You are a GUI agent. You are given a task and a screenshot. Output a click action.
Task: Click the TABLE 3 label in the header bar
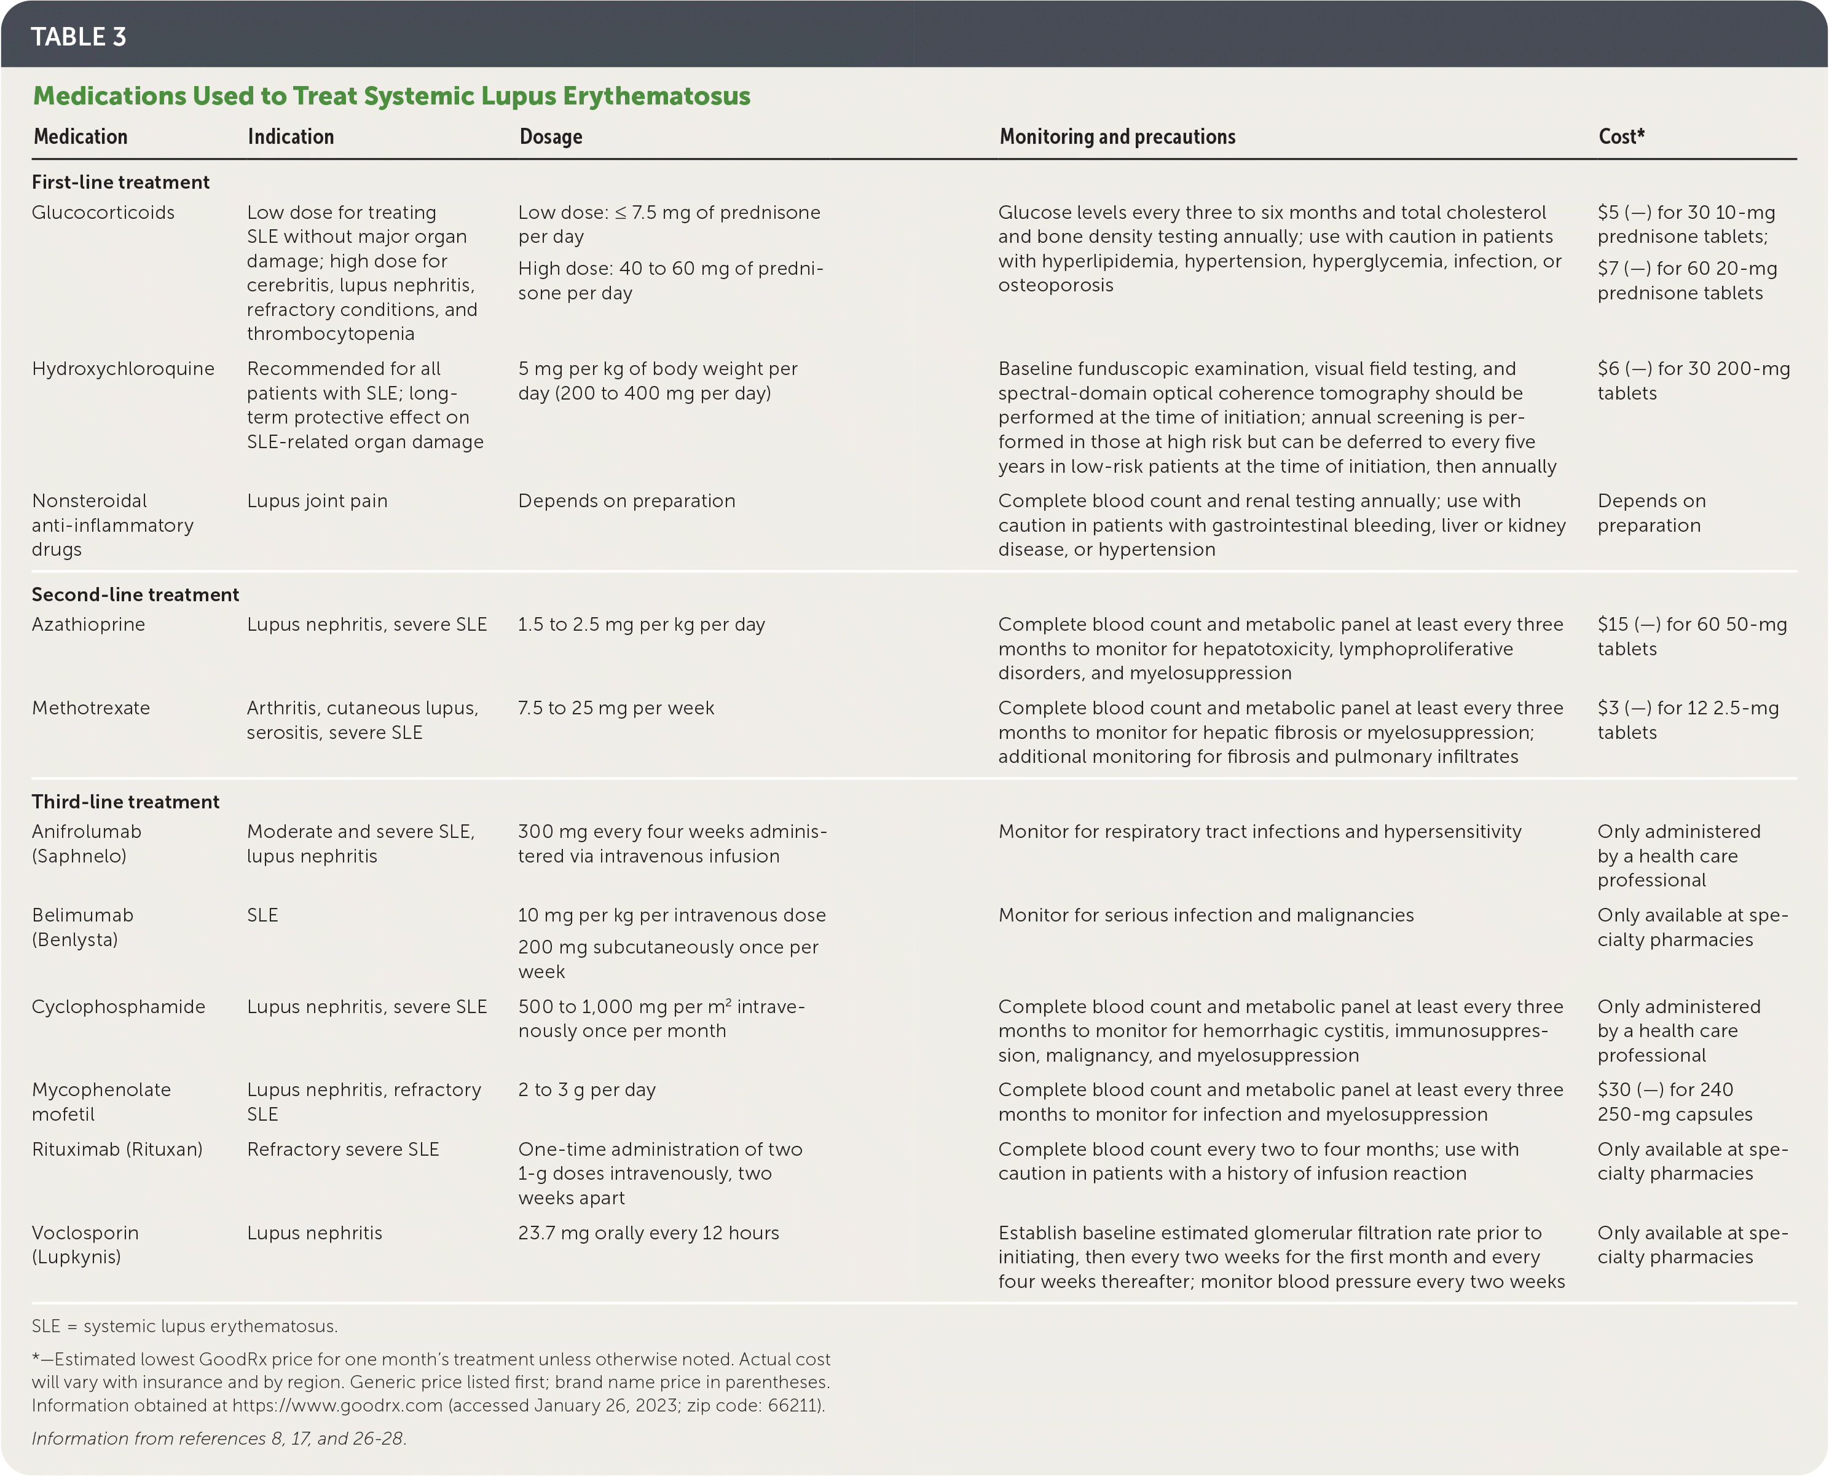coord(78,36)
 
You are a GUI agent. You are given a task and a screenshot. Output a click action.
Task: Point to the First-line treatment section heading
coord(120,182)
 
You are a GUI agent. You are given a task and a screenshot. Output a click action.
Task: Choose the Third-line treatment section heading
coord(126,802)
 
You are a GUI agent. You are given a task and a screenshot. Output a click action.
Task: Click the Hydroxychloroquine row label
coord(124,369)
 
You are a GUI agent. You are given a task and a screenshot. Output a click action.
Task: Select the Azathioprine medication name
coord(88,625)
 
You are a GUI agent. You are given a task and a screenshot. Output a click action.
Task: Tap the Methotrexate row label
coord(91,708)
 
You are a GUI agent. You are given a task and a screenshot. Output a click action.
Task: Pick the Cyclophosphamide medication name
coord(118,1007)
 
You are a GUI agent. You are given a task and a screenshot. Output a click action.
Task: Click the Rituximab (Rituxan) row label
coord(117,1150)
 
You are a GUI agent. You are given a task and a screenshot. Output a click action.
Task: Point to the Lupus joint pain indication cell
coord(317,501)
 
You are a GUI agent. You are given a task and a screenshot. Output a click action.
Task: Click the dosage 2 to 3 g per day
coord(586,1090)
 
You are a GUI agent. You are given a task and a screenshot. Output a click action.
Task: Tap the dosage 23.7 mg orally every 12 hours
coord(648,1233)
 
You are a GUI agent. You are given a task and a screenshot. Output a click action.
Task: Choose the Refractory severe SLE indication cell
coord(342,1150)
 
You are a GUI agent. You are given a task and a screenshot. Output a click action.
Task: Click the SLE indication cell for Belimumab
coord(262,916)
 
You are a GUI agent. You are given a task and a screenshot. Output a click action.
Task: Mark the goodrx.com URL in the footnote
coord(337,1405)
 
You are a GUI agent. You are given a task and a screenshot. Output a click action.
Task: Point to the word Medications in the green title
coord(109,96)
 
